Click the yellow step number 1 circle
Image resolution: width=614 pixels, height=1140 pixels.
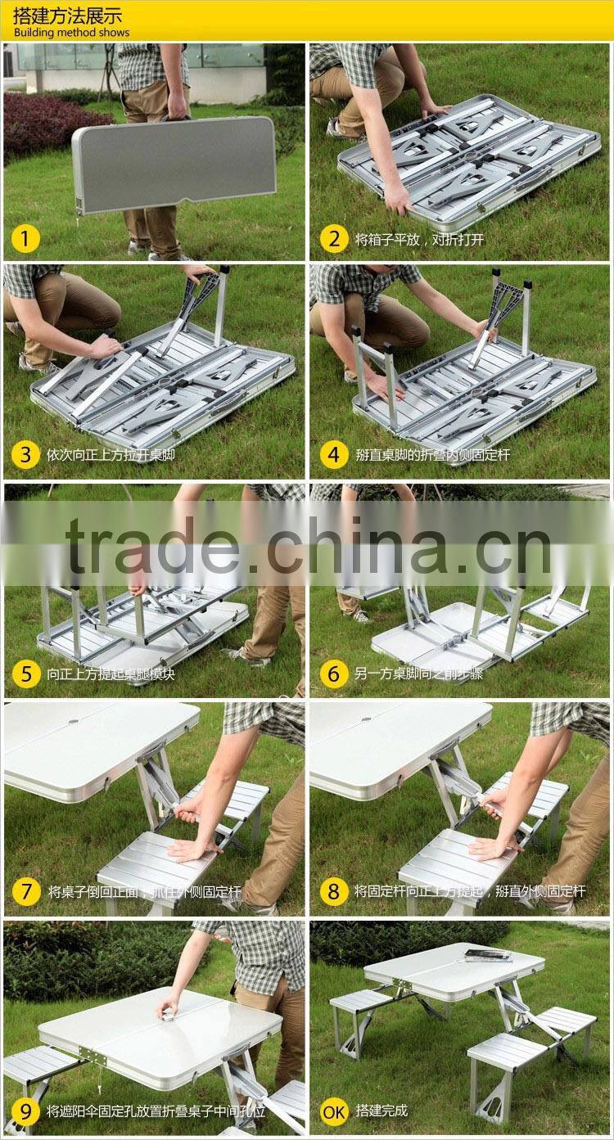pos(26,239)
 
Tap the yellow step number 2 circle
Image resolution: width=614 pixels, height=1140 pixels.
pos(333,239)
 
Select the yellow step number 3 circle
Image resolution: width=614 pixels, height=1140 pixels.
pos(26,454)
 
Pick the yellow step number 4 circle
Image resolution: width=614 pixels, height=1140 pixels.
pos(333,454)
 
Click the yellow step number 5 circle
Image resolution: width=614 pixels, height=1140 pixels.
pos(26,674)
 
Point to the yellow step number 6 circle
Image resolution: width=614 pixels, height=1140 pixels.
pos(333,674)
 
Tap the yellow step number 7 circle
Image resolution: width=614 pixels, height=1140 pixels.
pos(26,891)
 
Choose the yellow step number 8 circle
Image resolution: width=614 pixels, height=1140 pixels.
pos(333,891)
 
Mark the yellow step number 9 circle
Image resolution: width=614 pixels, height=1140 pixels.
pos(26,1111)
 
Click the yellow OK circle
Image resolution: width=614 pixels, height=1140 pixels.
pos(333,1111)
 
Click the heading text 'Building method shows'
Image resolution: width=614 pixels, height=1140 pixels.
pos(71,33)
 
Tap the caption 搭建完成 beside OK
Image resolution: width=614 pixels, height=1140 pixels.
pos(381,1111)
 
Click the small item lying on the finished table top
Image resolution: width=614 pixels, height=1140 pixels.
pos(488,955)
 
